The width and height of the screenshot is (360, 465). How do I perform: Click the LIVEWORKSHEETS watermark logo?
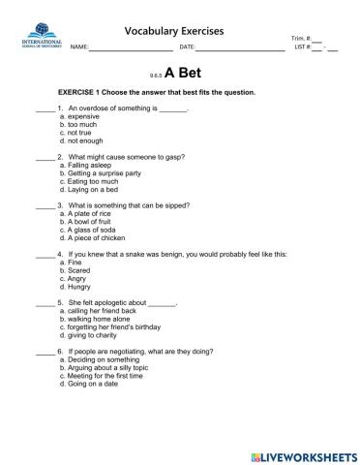point(301,454)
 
